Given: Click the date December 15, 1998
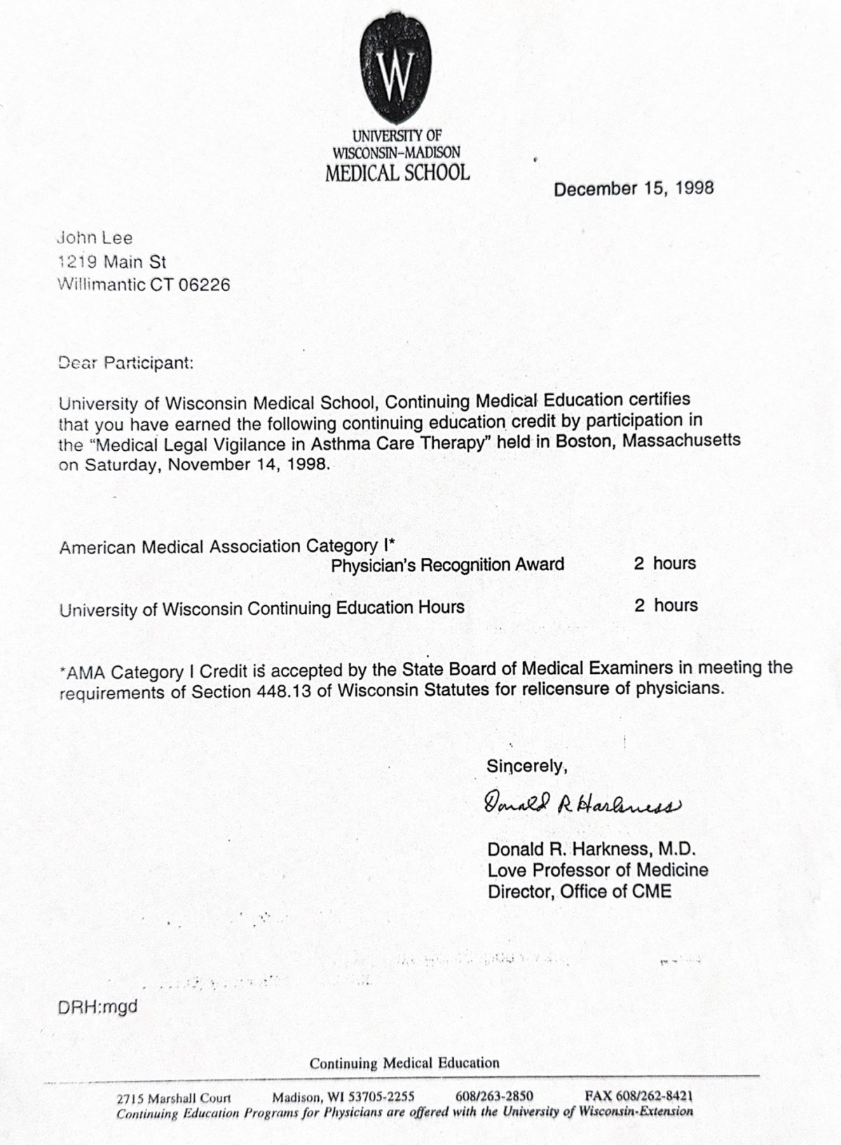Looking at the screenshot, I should pyautogui.click(x=634, y=188).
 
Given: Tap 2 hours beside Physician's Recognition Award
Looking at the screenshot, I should pyautogui.click(x=665, y=564).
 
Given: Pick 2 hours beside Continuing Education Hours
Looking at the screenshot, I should pyautogui.click(x=666, y=605).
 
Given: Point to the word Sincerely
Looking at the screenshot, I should pyautogui.click(x=526, y=766).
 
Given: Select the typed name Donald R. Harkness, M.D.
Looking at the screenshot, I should pyautogui.click(x=592, y=849).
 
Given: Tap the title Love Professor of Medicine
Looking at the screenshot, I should pyautogui.click(x=598, y=870).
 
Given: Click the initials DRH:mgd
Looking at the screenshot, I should pyautogui.click(x=98, y=1007).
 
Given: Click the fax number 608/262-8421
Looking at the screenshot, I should pyautogui.click(x=639, y=1096).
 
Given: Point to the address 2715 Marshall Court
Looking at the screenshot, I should pyautogui.click(x=174, y=1098).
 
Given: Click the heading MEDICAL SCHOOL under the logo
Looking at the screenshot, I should pyautogui.click(x=397, y=172).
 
